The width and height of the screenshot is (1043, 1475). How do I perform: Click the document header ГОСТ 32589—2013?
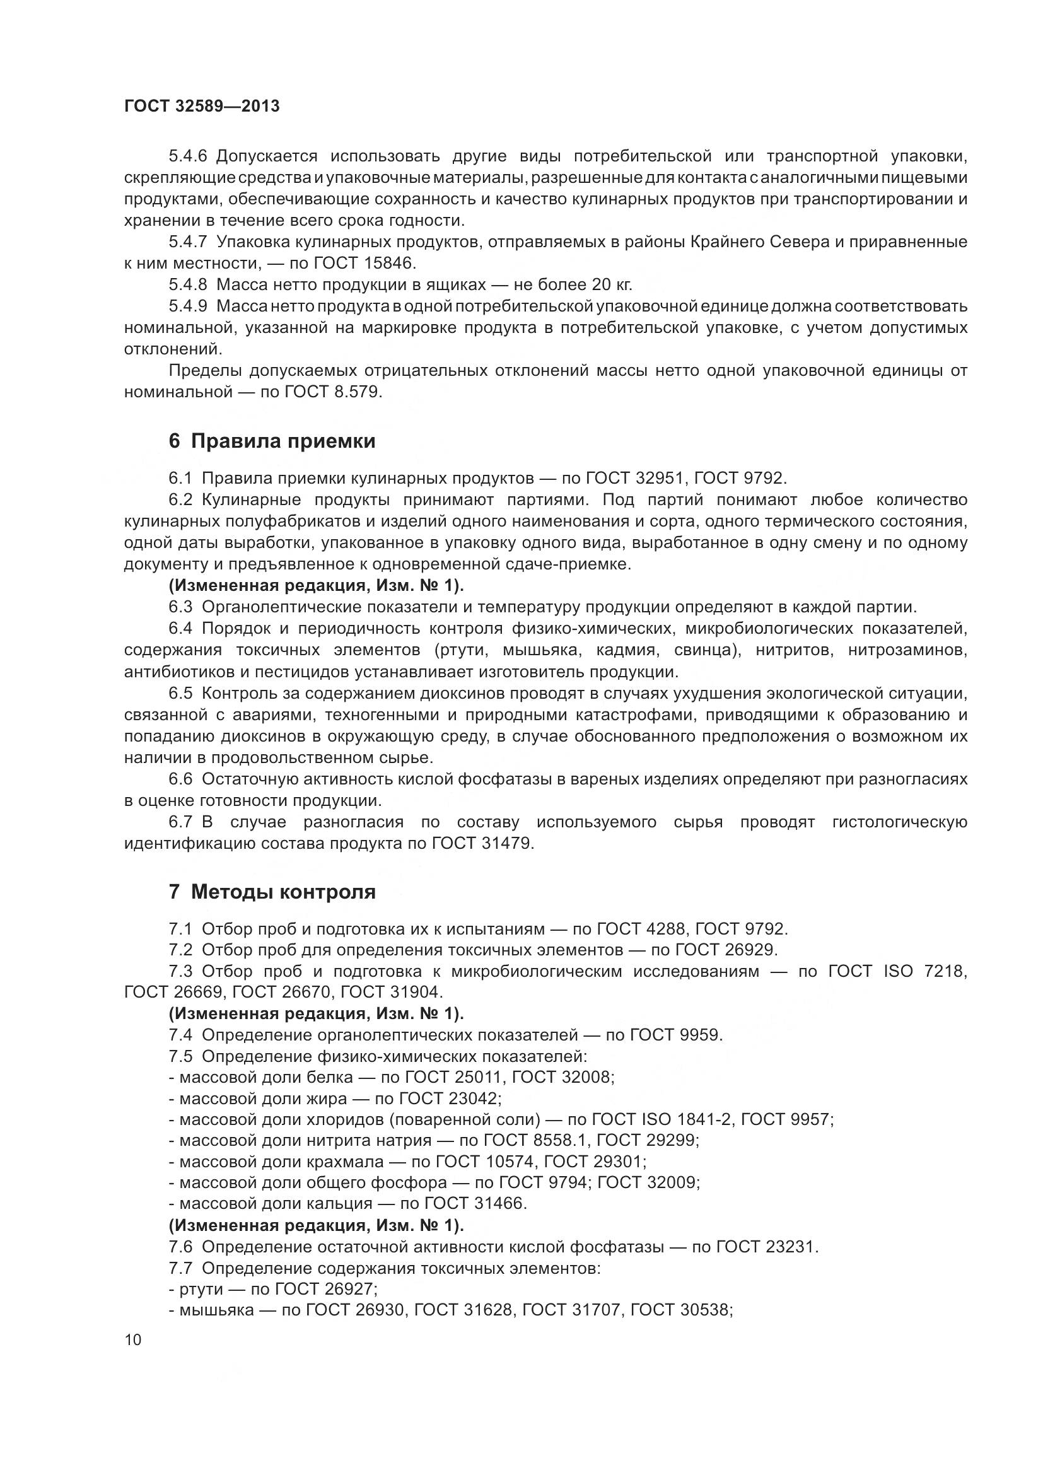tap(202, 107)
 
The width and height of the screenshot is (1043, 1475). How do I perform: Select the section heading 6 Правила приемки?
tap(272, 441)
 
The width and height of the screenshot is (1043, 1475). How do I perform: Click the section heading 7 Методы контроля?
tap(272, 892)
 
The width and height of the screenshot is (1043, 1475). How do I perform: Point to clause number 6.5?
tap(180, 693)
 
